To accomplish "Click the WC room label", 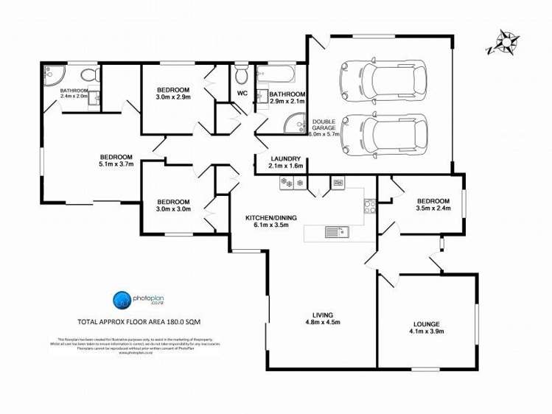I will [242, 93].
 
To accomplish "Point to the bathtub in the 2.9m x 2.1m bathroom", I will [276, 74].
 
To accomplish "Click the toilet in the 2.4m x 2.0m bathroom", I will [88, 74].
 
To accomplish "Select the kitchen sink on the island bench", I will [336, 233].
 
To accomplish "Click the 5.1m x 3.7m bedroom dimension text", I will [116, 165].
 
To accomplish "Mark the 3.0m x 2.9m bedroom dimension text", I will [173, 97].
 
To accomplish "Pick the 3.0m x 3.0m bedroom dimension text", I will [173, 209].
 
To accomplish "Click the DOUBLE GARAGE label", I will [324, 126].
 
